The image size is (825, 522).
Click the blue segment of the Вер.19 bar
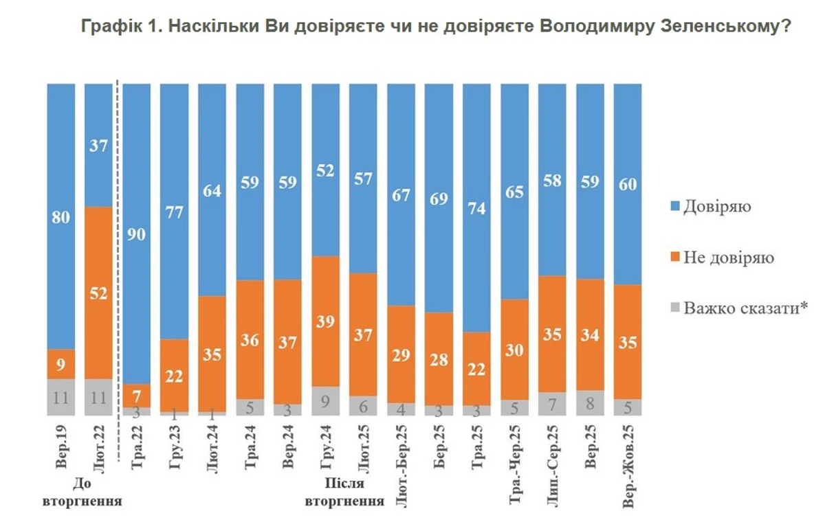pos(62,216)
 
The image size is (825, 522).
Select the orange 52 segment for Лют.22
pos(99,292)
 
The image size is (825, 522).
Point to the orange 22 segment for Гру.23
pos(175,375)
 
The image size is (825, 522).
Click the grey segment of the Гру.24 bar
pos(327,400)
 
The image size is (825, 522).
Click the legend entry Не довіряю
pos(728,258)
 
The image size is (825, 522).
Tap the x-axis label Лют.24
pos(214,446)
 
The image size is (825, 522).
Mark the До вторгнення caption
pos(82,494)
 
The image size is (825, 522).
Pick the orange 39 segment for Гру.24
pos(327,321)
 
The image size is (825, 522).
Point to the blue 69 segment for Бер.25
pos(439,198)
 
